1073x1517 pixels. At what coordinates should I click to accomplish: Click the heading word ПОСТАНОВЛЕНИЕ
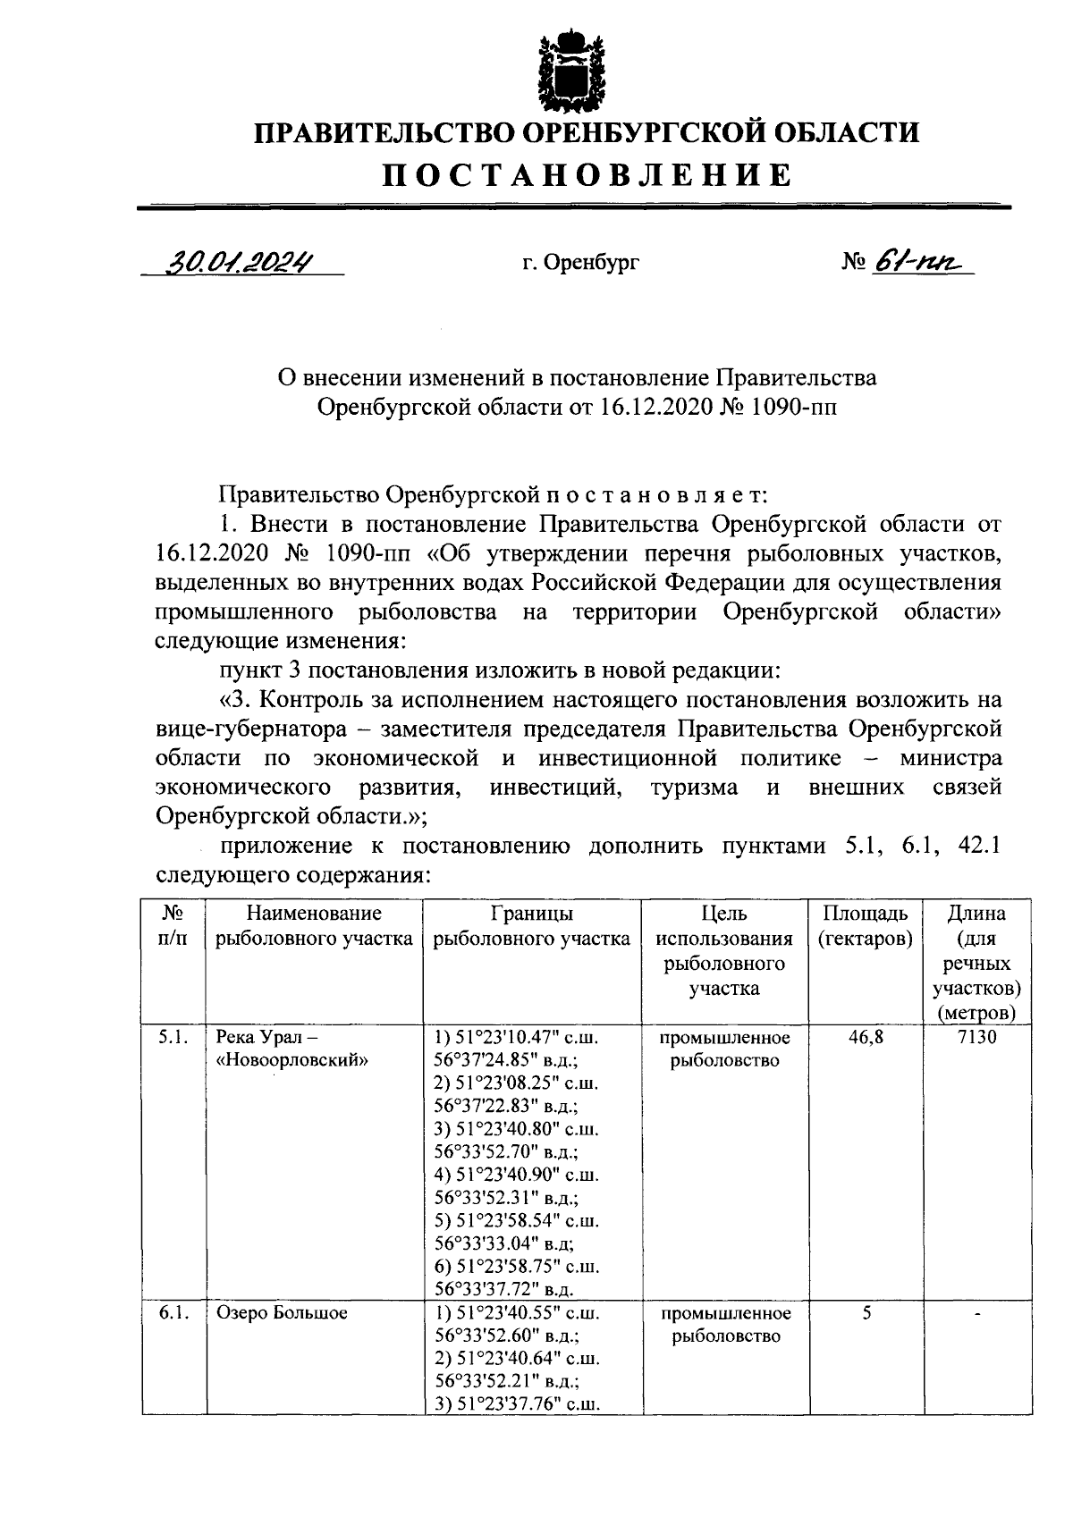(587, 175)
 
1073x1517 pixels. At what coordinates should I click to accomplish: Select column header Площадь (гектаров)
(865, 926)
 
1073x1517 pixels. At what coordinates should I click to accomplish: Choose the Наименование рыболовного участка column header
(314, 926)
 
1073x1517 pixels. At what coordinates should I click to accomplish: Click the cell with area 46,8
(865, 1038)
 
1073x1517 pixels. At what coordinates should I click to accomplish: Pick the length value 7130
(976, 1038)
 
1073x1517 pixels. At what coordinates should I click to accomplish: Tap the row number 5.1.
(173, 1038)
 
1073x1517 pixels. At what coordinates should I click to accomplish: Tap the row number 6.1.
(173, 1313)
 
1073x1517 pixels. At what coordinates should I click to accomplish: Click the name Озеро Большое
(282, 1313)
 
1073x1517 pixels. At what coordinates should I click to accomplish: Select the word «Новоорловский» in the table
(293, 1061)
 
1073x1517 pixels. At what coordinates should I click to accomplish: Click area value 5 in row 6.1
(866, 1313)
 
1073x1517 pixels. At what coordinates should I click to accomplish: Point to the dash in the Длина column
(977, 1313)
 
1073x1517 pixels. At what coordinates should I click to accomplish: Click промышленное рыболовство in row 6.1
(725, 1325)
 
